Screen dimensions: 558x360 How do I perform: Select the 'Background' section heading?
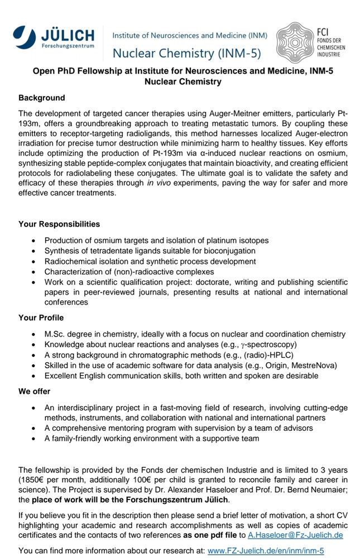(x=42, y=98)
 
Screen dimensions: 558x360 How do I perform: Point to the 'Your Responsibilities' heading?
(x=59, y=224)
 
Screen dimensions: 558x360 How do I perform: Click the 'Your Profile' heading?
(x=41, y=318)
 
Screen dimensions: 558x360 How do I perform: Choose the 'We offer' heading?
(x=34, y=391)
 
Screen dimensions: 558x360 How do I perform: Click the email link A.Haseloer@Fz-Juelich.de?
(x=296, y=535)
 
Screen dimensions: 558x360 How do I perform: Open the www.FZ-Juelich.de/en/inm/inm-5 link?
(x=266, y=551)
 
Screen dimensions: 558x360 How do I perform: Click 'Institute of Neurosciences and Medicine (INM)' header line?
(x=190, y=35)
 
